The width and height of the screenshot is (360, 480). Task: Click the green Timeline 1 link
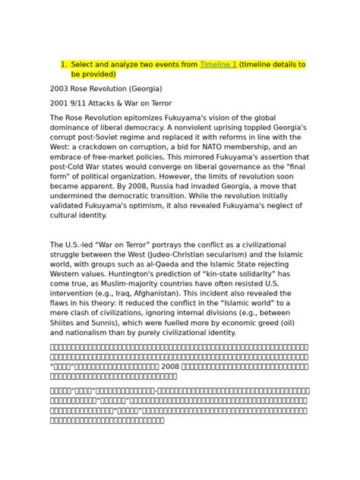tap(217, 65)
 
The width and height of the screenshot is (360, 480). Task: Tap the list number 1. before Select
tap(64, 65)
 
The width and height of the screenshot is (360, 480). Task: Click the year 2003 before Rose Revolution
tap(61, 88)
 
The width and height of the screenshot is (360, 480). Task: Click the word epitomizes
tap(143, 117)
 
